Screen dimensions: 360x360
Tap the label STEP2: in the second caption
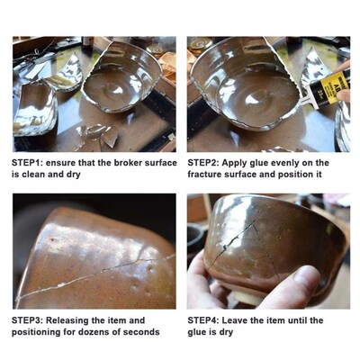pos(206,163)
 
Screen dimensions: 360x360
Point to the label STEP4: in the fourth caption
pos(206,319)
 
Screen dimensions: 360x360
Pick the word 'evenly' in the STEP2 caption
pos(286,163)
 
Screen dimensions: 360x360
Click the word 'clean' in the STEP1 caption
pos(33,175)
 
